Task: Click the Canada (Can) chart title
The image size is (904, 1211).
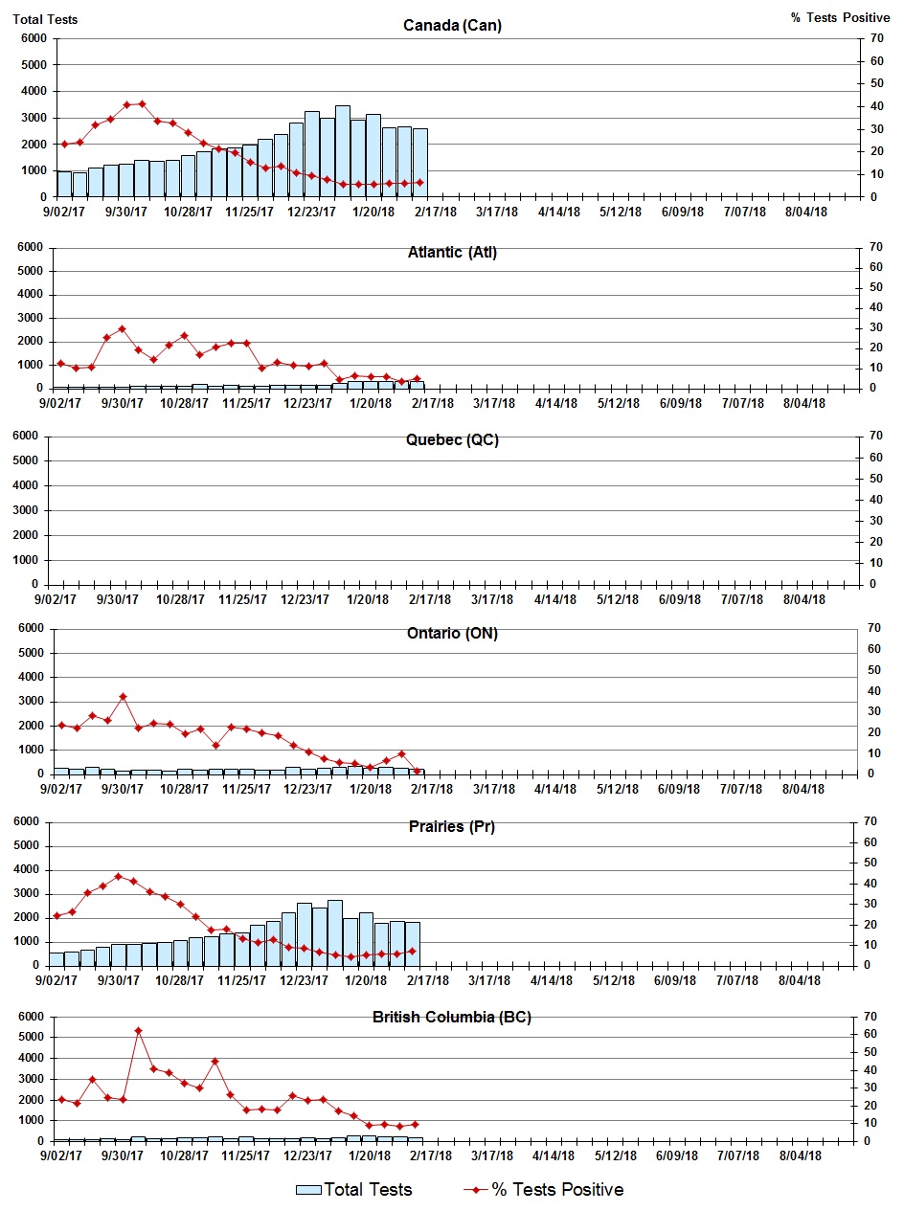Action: [x=452, y=25]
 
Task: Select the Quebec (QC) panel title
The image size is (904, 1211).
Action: [x=452, y=440]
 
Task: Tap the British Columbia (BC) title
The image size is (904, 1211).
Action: [x=452, y=1017]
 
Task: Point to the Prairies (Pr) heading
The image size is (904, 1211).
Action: [x=452, y=826]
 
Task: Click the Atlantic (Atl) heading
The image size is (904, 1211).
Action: [x=452, y=253]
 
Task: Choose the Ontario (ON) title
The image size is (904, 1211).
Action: [x=452, y=634]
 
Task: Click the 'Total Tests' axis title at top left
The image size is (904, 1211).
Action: [x=46, y=18]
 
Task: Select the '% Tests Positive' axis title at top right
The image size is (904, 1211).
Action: [x=840, y=18]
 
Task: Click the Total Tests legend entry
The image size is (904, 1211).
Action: [x=354, y=1190]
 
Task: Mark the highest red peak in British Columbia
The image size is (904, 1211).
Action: [x=138, y=1030]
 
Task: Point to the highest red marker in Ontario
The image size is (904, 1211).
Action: [x=123, y=696]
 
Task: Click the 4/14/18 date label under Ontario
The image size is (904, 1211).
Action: [x=556, y=789]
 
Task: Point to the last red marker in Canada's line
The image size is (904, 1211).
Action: [x=419, y=182]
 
